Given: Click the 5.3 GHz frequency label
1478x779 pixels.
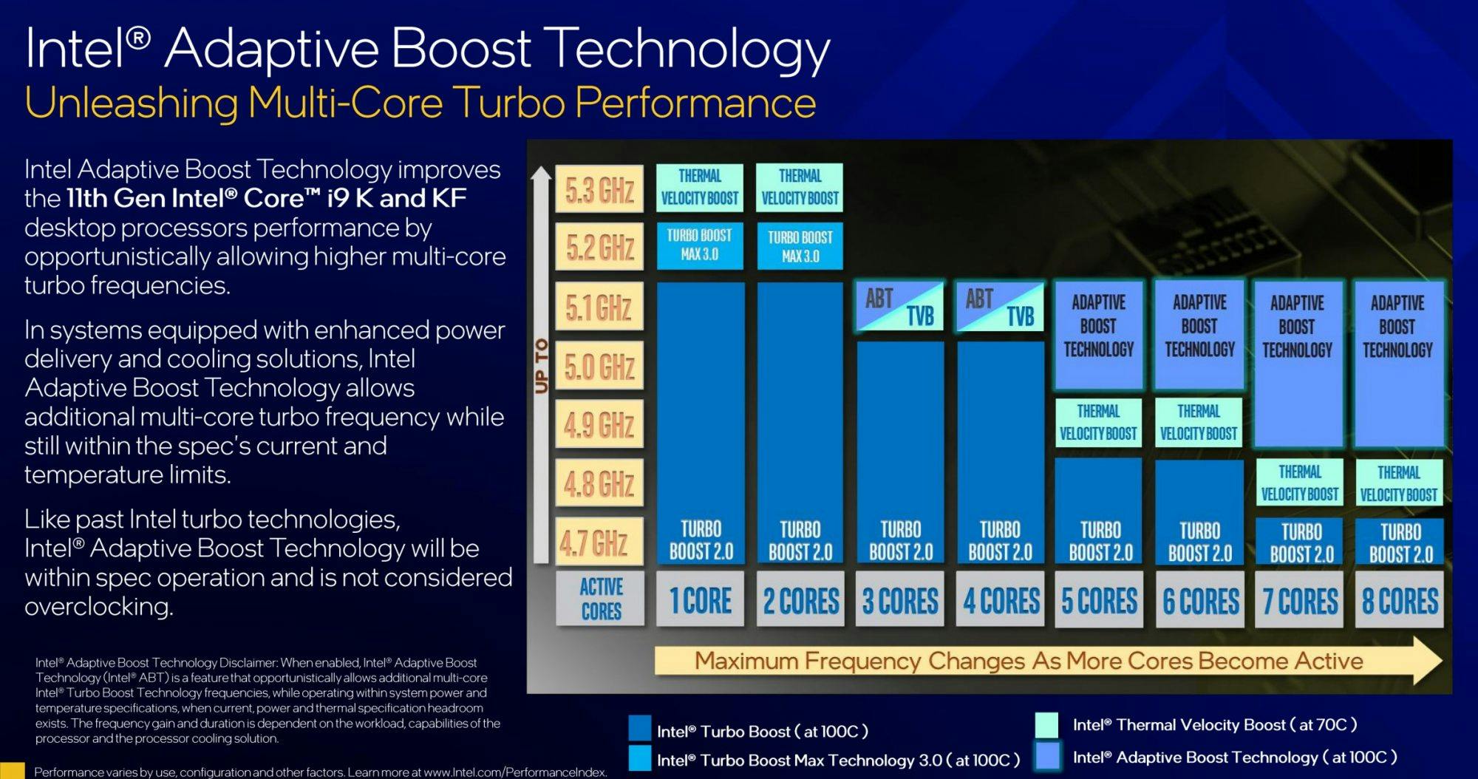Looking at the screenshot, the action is (x=599, y=189).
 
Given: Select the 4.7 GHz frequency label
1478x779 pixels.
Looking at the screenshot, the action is (x=599, y=542).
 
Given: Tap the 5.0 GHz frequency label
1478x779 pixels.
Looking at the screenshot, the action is (x=599, y=366).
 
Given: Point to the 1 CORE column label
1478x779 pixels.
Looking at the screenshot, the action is (x=700, y=599).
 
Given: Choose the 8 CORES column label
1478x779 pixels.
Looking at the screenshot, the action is (x=1400, y=599).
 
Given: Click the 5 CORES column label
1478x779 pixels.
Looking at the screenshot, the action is (x=1099, y=599).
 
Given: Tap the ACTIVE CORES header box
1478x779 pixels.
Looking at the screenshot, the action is (x=600, y=599).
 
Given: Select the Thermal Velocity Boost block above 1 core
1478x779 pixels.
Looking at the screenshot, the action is (x=700, y=188).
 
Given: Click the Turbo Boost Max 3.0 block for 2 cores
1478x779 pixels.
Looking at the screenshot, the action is (x=800, y=246).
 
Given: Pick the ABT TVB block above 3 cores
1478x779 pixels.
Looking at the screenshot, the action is (x=900, y=306).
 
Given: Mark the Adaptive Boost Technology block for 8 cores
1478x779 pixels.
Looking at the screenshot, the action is (x=1398, y=363).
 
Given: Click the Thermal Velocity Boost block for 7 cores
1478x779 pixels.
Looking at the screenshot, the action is (x=1300, y=483).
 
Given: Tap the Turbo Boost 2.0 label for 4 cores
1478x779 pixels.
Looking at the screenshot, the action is (x=1000, y=541).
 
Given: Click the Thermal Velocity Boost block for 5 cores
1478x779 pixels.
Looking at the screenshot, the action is (x=1098, y=423).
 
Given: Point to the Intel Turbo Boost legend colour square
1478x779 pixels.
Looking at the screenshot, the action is (x=639, y=727).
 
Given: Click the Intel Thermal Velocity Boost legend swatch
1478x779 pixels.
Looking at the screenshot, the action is (x=1046, y=725).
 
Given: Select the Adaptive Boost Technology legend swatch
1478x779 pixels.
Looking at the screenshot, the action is (x=1047, y=757).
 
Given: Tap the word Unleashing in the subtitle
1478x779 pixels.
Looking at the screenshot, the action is (x=132, y=103).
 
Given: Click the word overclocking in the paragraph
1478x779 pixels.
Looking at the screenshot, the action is (x=99, y=607).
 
